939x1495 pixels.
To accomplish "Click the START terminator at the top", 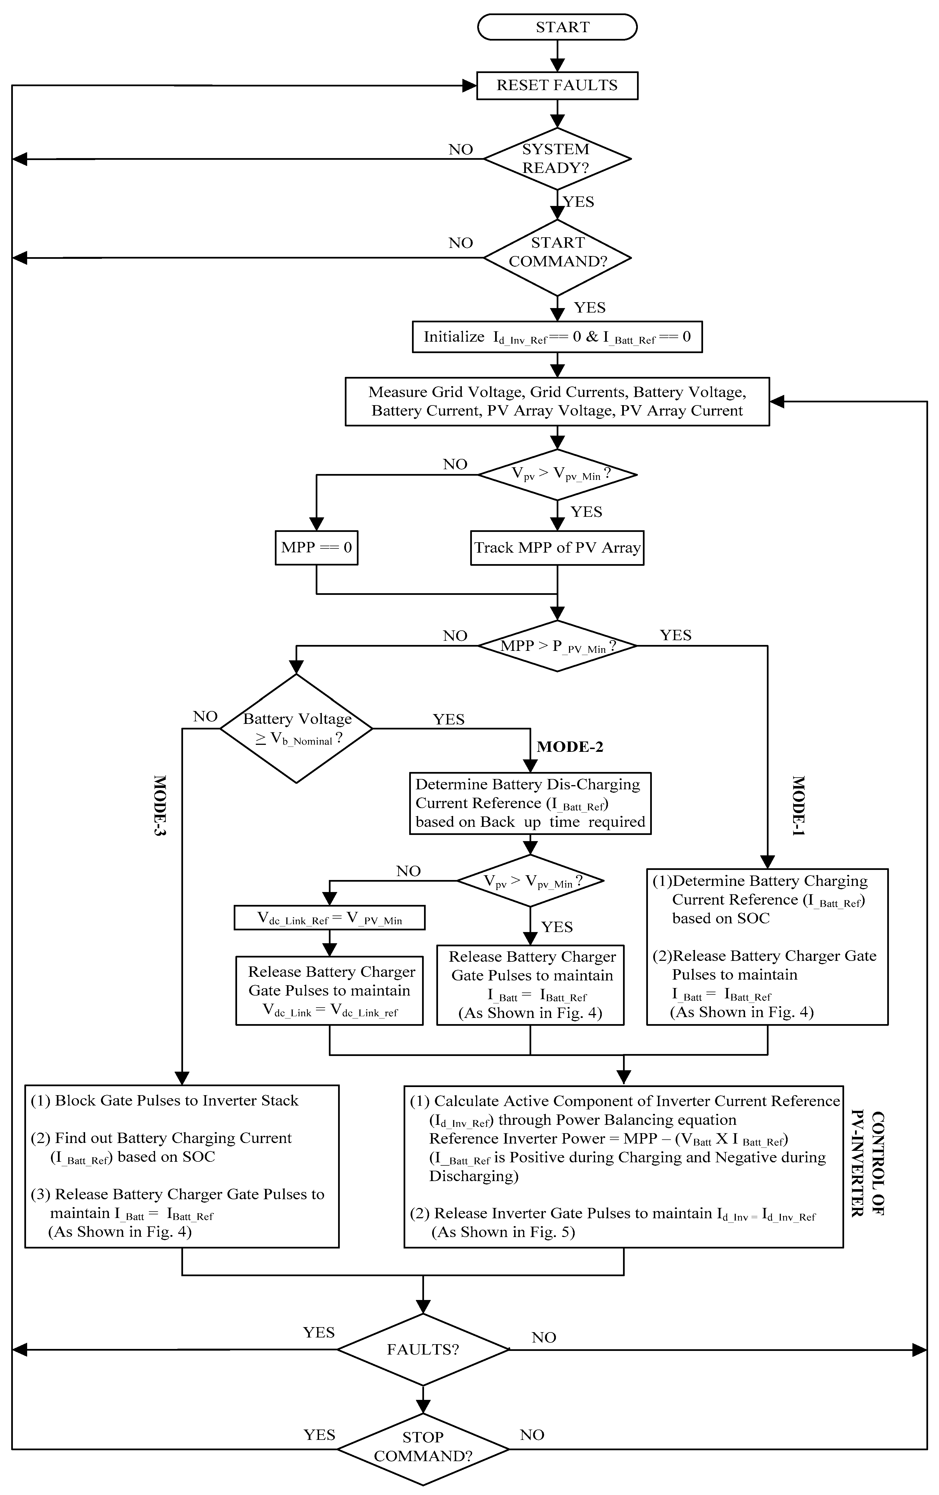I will [557, 27].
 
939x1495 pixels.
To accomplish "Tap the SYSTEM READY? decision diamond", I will [557, 159].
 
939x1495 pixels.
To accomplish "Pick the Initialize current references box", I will [557, 337].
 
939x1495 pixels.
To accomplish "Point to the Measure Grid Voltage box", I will [557, 402].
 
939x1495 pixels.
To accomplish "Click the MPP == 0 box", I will [316, 548].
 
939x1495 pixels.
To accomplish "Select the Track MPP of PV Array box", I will [557, 548].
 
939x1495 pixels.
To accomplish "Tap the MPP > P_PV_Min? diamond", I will [557, 646].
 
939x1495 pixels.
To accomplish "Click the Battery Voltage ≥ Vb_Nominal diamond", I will [297, 728].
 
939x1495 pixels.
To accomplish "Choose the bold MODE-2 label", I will [570, 747].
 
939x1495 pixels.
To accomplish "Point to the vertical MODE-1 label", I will [798, 805].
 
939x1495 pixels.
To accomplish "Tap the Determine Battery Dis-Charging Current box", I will [530, 803].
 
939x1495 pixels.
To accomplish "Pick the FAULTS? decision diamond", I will [423, 1350].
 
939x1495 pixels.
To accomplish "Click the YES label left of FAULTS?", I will [319, 1332].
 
